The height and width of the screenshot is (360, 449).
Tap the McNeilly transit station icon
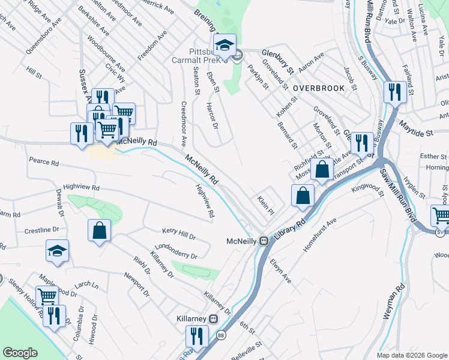tap(263, 241)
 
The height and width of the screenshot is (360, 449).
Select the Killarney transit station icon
tap(212, 318)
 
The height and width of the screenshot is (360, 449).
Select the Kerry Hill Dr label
tap(179, 233)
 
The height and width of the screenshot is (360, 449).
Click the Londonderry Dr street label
tap(175, 251)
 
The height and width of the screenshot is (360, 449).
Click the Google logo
tap(20, 353)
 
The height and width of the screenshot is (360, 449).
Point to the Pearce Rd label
tap(44, 163)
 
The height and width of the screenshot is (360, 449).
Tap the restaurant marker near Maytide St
tap(394, 92)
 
